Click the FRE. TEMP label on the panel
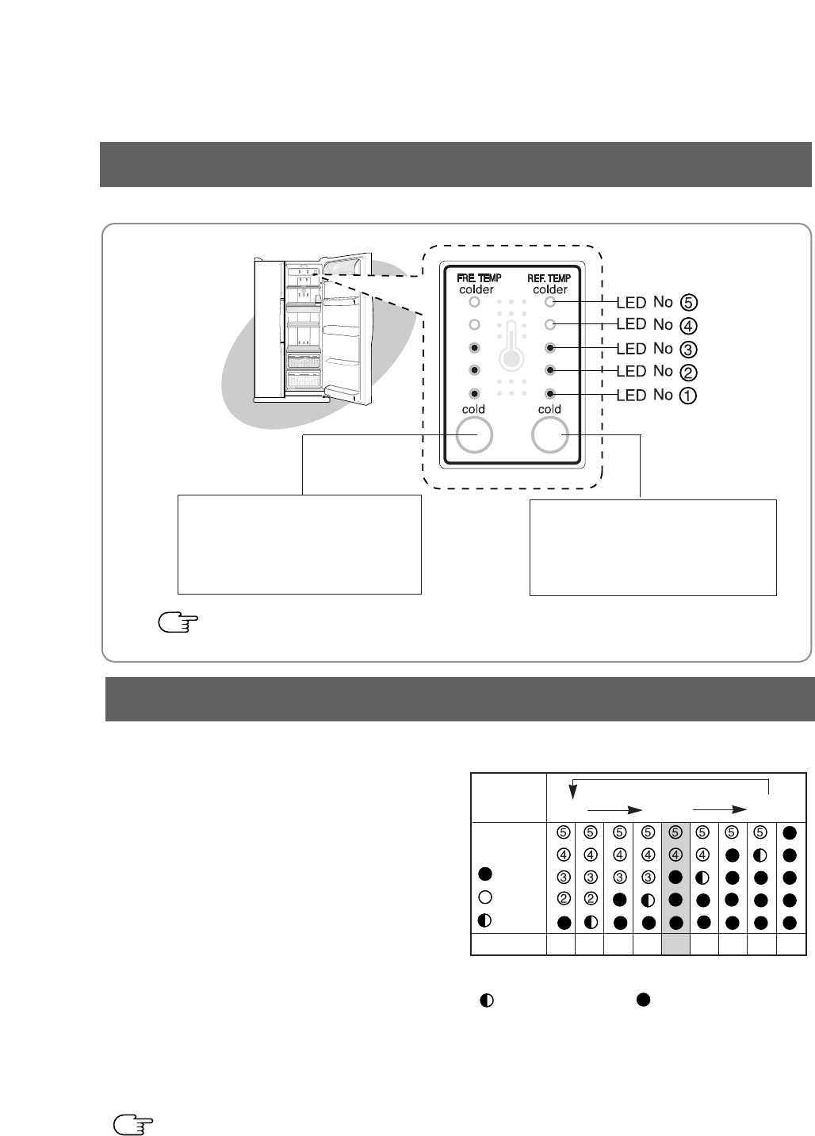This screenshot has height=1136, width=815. [476, 278]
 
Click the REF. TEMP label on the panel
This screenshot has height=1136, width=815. [549, 278]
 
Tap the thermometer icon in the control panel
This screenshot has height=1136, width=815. [512, 346]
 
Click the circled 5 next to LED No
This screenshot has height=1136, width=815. [689, 302]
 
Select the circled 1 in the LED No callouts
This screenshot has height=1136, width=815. [689, 395]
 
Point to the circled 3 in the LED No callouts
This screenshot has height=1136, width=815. [689, 349]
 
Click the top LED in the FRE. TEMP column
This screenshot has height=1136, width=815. [474, 302]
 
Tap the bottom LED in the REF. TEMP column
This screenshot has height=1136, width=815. [549, 393]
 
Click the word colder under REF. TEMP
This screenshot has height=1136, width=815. [549, 290]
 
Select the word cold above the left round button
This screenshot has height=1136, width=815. [474, 410]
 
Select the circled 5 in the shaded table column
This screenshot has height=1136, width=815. [675, 832]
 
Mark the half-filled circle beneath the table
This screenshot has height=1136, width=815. [488, 1000]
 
